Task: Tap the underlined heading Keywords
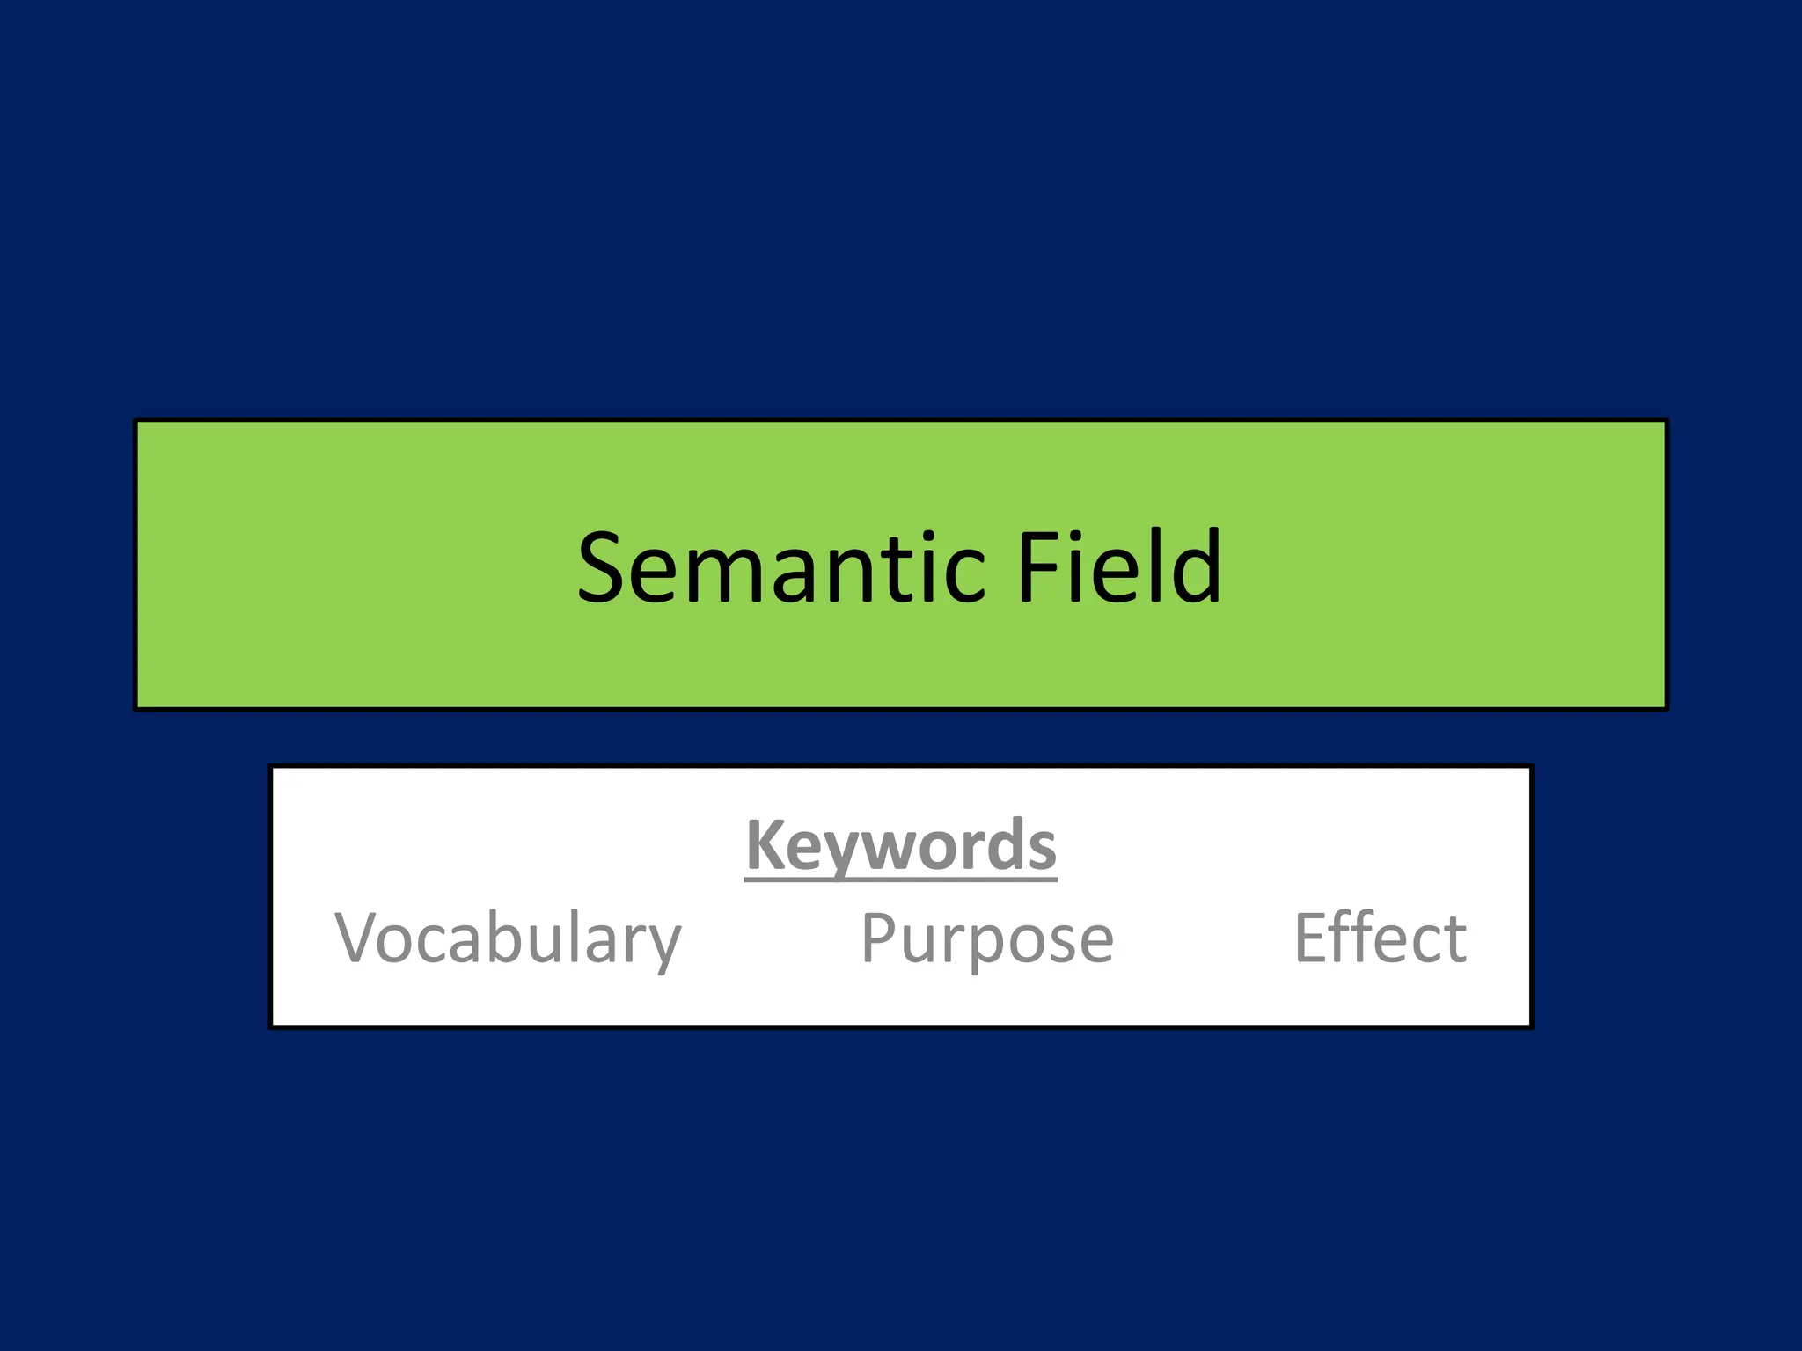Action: click(x=901, y=846)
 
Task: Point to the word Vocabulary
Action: click(x=509, y=939)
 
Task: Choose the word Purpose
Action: click(x=987, y=939)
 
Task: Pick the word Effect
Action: click(x=1380, y=938)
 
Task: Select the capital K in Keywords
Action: click(x=765, y=844)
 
